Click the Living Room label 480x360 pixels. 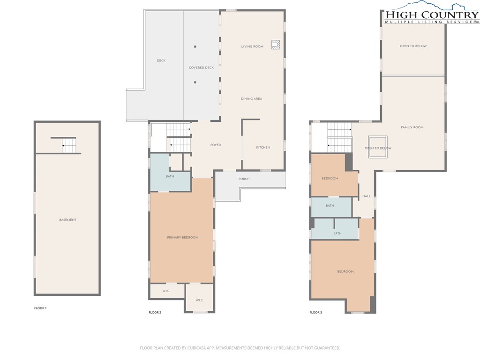point(252,46)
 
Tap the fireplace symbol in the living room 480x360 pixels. point(276,45)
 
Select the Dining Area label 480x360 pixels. point(251,98)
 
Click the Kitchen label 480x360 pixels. point(263,147)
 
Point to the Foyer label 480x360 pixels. point(216,145)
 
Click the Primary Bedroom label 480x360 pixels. point(182,237)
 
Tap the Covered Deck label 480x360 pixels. point(201,67)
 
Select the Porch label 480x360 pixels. point(244,179)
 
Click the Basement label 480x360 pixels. point(67,220)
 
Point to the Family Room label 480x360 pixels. point(412,127)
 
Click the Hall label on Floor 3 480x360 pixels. point(367,196)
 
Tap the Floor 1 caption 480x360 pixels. point(40,308)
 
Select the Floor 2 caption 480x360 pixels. point(155,312)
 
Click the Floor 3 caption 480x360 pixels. point(315,312)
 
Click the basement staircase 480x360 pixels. point(69,145)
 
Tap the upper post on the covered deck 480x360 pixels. point(195,46)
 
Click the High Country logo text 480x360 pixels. point(432,15)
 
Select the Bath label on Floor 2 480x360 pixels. point(170,176)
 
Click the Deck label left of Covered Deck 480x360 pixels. point(161,60)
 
